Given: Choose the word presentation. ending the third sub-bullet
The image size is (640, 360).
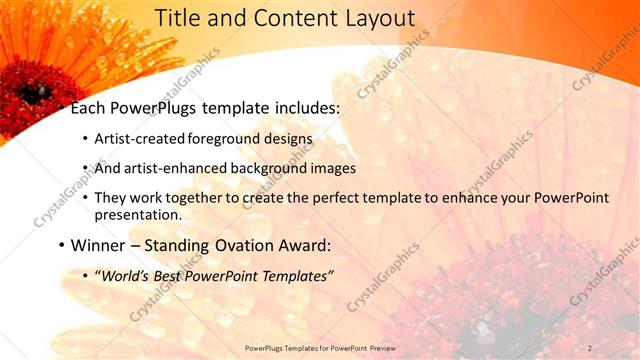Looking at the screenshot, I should click(138, 214).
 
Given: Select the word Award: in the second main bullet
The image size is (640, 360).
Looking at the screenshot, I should click(302, 245).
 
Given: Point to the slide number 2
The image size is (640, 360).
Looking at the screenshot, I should click(590, 347).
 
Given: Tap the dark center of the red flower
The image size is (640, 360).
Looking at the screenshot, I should click(30, 93).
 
